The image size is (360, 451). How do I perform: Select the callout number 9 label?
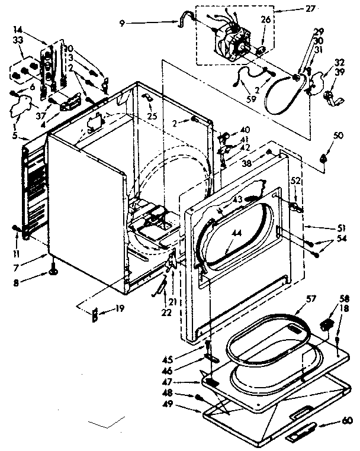tap(122, 24)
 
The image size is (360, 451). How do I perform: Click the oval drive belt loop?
tap(282, 98)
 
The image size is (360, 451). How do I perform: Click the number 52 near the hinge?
tap(295, 181)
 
